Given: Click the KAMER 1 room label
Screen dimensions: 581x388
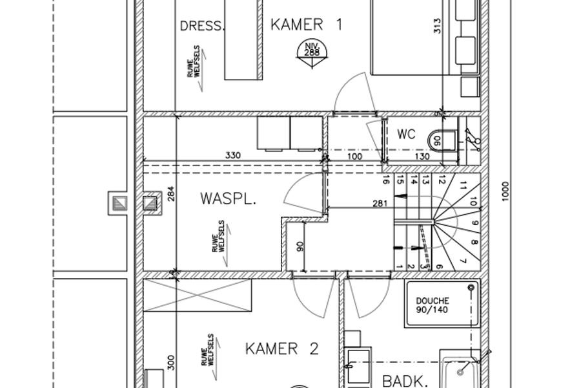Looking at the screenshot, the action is (306, 25).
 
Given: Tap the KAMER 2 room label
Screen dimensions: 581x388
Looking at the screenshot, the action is (282, 349).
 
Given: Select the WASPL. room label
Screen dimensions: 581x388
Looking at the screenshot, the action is (229, 199).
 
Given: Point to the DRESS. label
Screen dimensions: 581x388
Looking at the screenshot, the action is (202, 26).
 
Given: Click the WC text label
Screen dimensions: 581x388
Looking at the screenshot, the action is (406, 134).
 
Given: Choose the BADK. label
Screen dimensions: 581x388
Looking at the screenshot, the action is (405, 382).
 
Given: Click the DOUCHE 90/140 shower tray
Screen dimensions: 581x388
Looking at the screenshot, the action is (442, 305).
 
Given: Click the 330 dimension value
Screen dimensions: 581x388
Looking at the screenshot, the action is (233, 155).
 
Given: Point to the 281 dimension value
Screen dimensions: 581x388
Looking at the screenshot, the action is (380, 203).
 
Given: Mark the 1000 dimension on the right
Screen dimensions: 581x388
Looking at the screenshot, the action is (505, 191).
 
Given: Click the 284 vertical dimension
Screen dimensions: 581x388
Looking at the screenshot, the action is (171, 193).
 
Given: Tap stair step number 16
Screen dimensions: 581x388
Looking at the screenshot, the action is (386, 181).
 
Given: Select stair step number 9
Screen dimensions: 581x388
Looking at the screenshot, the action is (475, 224).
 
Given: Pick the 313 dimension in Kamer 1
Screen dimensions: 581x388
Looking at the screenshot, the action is (437, 26).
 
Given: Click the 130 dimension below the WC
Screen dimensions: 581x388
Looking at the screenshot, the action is (422, 156).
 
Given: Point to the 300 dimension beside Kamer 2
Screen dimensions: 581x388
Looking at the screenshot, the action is (171, 362).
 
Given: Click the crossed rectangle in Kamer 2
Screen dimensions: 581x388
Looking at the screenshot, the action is (197, 295).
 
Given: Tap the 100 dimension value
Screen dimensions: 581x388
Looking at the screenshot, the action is (354, 156).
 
